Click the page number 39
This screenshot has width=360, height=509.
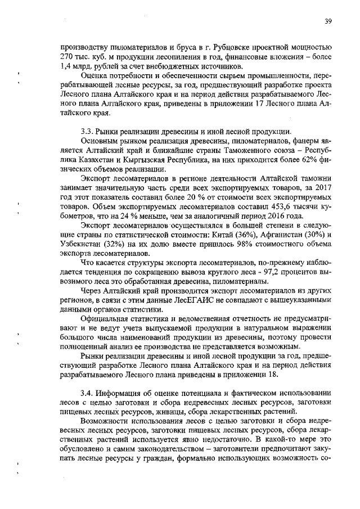pyautogui.click(x=328, y=21)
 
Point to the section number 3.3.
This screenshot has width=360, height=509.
pyautogui.click(x=88, y=131)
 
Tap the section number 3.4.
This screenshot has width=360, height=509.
pyautogui.click(x=88, y=392)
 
